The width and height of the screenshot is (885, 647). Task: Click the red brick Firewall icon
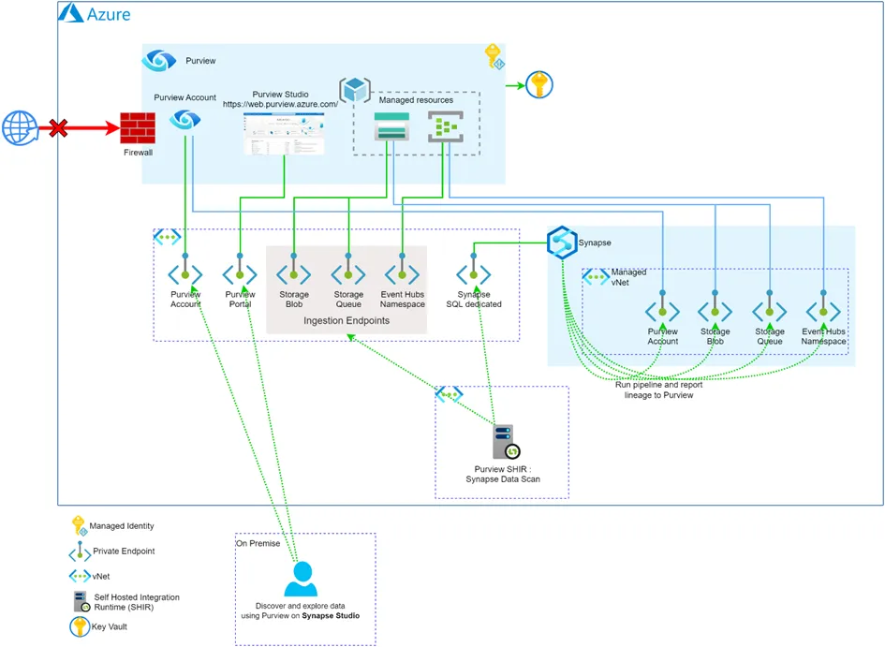[138, 128]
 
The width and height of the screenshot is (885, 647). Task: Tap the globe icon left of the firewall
[20, 126]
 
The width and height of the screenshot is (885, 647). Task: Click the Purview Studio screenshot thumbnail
[284, 133]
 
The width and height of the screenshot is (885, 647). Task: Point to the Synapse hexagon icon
[561, 243]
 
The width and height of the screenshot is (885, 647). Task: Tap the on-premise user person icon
[302, 579]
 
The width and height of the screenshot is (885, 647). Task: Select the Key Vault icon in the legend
[79, 627]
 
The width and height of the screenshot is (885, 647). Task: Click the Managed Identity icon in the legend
[79, 526]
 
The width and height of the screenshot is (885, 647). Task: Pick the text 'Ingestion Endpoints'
[347, 320]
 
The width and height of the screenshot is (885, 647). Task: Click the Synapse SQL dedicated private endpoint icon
[473, 274]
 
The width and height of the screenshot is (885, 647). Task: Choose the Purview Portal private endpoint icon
[240, 274]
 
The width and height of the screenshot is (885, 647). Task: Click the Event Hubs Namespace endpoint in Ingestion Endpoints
[402, 274]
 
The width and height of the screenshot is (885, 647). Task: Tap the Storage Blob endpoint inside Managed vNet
[715, 311]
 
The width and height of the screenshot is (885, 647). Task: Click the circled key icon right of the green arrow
[538, 85]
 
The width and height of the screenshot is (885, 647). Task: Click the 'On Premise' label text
[258, 543]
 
